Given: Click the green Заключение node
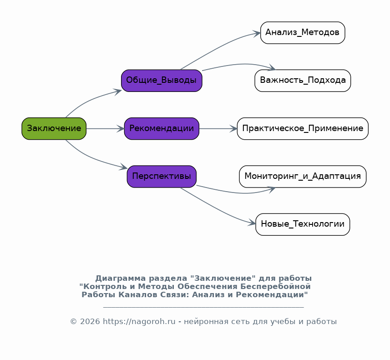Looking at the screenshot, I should coord(54,129).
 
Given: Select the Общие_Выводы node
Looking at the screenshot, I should coord(162,81).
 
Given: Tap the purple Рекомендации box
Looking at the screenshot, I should coord(162,129).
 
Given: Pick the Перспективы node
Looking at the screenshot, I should coord(162,177).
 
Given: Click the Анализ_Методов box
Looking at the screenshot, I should coord(303,33).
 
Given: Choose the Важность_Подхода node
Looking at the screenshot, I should coord(303,81).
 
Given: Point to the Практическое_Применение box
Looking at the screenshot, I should coord(303,129).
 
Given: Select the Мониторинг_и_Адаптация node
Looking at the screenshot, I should coord(303,177).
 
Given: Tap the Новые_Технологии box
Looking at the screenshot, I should coord(303,224).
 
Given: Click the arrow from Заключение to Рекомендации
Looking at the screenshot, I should coord(105,129).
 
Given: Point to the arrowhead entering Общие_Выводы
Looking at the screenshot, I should coord(118,91).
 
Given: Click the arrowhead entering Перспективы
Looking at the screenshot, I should coord(123,167).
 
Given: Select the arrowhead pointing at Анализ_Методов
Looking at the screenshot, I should coord(257,33).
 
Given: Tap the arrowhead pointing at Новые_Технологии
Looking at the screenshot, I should coord(252,223).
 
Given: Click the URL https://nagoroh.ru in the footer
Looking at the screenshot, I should coord(139,322).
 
